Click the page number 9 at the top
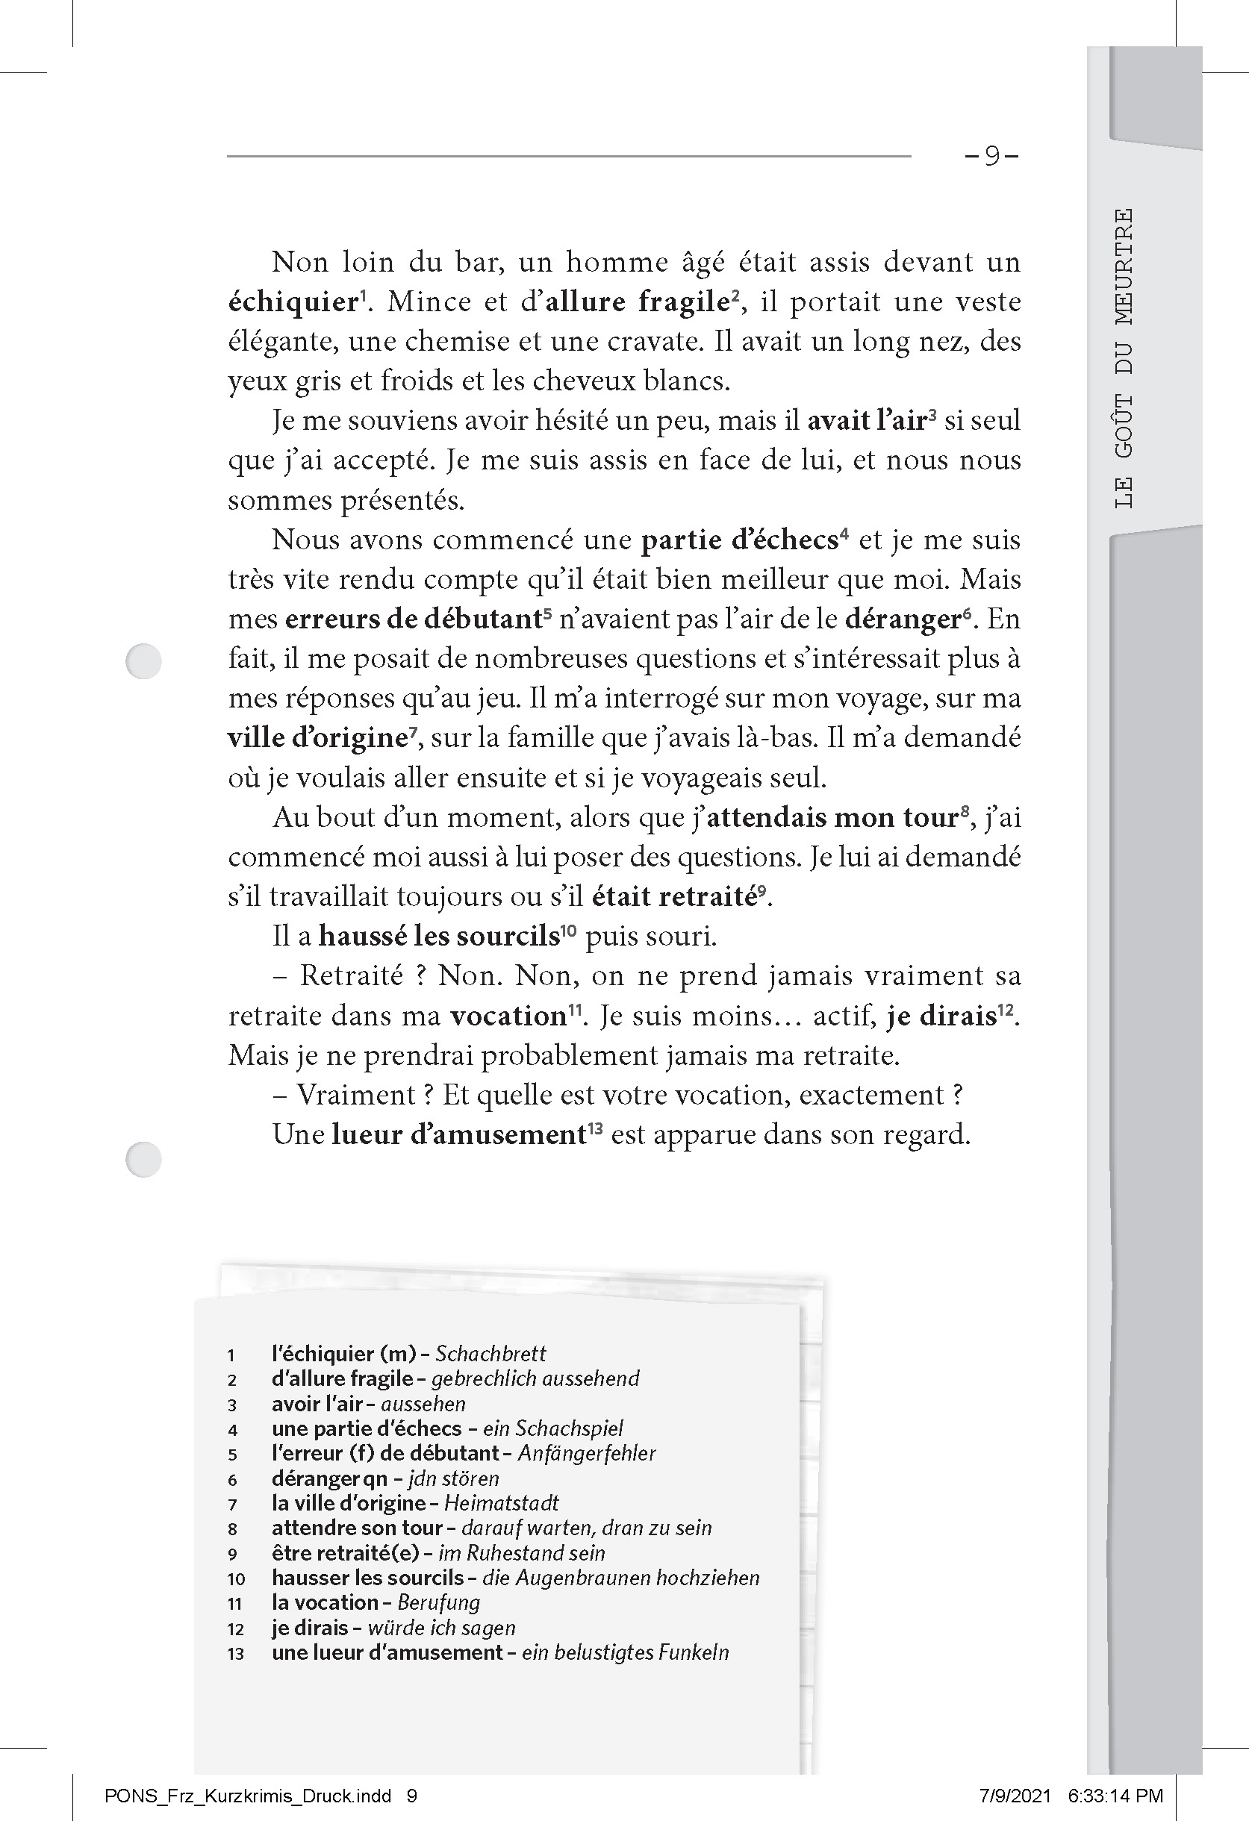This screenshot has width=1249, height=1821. point(992,157)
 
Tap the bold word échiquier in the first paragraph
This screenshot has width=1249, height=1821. point(293,302)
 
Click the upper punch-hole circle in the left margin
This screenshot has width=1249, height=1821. point(143,660)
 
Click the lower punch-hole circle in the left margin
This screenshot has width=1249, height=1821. point(143,1159)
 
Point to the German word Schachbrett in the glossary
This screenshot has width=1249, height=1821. point(490,1353)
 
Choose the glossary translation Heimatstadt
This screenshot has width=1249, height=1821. point(501,1503)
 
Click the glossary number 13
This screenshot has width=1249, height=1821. point(235,1654)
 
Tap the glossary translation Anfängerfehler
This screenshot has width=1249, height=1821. point(587,1453)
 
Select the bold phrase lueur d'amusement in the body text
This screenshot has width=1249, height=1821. point(458,1134)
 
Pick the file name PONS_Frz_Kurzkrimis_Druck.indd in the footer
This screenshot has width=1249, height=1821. point(248,1796)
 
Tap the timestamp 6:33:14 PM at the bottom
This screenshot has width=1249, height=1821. point(1115,1796)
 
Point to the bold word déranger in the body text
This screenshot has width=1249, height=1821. point(903,619)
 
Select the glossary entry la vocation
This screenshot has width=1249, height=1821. point(325,1603)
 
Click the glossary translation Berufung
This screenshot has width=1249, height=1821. point(438,1603)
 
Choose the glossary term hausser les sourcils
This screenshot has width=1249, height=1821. point(368,1578)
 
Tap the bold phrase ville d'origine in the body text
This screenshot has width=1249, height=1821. point(315,738)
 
